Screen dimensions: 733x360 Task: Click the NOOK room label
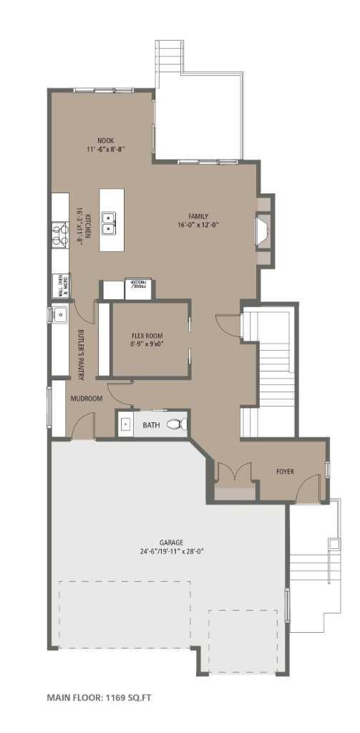[x=106, y=140]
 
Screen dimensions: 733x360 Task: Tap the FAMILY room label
[x=198, y=215]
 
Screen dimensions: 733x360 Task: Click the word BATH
[x=151, y=425]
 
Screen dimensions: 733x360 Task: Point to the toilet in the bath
[x=177, y=424]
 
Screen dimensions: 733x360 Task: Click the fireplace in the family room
[x=263, y=230]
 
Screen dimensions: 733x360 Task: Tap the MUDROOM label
[x=87, y=399]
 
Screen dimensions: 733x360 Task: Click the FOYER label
[x=286, y=471]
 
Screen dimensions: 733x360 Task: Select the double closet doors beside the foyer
[x=235, y=472]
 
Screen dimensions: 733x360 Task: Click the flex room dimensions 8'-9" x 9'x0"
[x=148, y=344]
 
